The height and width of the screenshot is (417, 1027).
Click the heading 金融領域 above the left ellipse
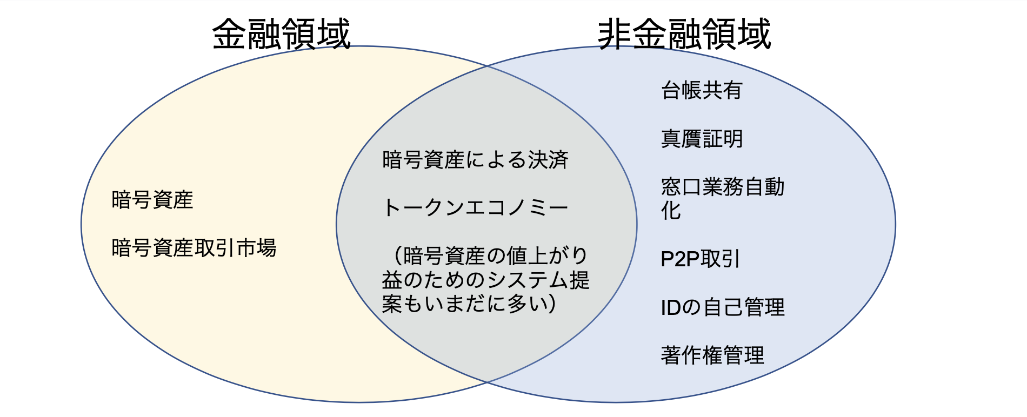pyautogui.click(x=281, y=33)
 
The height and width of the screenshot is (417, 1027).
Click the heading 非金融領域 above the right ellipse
pyautogui.click(x=684, y=33)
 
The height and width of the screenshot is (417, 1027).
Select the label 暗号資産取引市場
pyautogui.click(x=194, y=248)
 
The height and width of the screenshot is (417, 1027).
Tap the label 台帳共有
pyautogui.click(x=702, y=90)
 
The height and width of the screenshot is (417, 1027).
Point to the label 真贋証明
pyautogui.click(x=702, y=139)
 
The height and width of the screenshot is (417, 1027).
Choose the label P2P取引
pyautogui.click(x=699, y=259)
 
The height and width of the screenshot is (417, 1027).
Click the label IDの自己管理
pyautogui.click(x=722, y=307)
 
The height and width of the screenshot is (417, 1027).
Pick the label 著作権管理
pyautogui.click(x=712, y=355)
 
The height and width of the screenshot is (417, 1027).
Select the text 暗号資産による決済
pyautogui.click(x=475, y=160)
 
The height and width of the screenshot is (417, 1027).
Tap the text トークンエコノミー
pyautogui.click(x=475, y=208)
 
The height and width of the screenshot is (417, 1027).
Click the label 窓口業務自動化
pyautogui.click(x=722, y=187)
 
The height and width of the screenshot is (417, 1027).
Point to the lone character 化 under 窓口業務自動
pyautogui.click(x=671, y=211)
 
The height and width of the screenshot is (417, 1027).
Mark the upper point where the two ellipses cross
pyautogui.click(x=488, y=66)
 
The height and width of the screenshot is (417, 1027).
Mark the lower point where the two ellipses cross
pyautogui.click(x=488, y=382)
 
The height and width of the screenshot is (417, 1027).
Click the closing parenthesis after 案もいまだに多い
pyautogui.click(x=551, y=304)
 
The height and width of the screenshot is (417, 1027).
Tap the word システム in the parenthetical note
pyautogui.click(x=526, y=280)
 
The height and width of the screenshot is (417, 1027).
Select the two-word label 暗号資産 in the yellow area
pyautogui.click(x=152, y=200)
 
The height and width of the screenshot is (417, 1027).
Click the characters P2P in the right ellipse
pyautogui.click(x=680, y=259)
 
